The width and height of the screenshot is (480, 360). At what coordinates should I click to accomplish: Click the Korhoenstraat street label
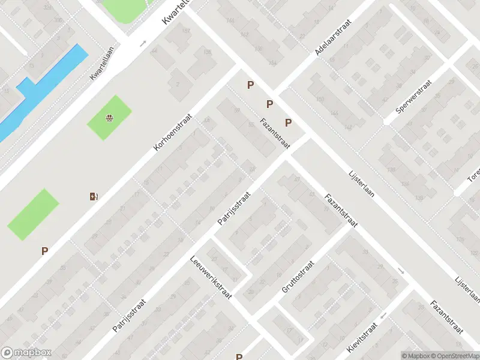pyautogui.click(x=172, y=132)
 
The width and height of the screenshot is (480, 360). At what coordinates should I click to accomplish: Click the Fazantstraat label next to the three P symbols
pyautogui.click(x=275, y=134)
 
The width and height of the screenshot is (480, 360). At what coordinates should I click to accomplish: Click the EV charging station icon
pyautogui.click(x=94, y=196)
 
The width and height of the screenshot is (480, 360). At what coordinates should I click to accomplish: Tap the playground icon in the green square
pyautogui.click(x=109, y=118)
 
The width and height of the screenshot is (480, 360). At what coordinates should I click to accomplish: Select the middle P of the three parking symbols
pyautogui.click(x=269, y=104)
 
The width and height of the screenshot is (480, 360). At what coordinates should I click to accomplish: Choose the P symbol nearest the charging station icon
pyautogui.click(x=44, y=251)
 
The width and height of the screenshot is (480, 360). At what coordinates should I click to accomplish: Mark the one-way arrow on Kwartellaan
pyautogui.click(x=143, y=44)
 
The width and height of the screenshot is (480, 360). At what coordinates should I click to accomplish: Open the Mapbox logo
pyautogui.click(x=26, y=353)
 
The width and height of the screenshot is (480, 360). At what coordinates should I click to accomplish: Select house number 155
pyautogui.click(x=207, y=53)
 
